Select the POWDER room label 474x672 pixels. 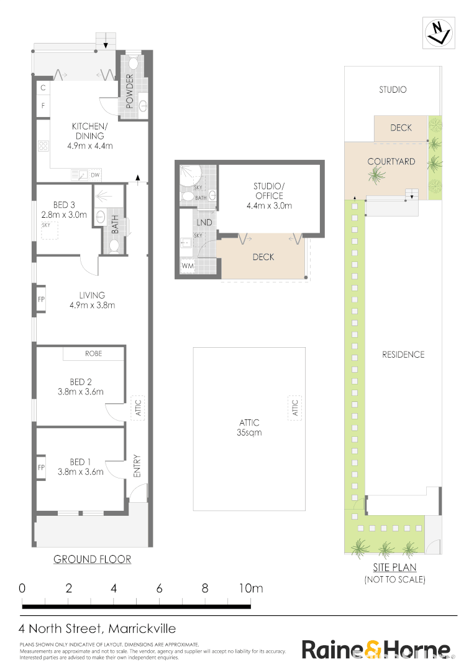130,91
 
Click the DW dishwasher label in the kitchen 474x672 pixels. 95,175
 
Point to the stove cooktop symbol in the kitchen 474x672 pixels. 44,147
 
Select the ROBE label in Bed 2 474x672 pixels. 94,353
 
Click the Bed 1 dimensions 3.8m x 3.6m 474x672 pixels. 81,472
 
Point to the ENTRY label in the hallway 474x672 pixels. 137,467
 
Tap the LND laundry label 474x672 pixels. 204,222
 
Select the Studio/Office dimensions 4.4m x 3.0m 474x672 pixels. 269,205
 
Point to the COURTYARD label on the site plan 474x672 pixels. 391,162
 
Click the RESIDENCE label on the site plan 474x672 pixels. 403,355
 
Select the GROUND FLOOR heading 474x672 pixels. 92,559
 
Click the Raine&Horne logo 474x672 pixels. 376,649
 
